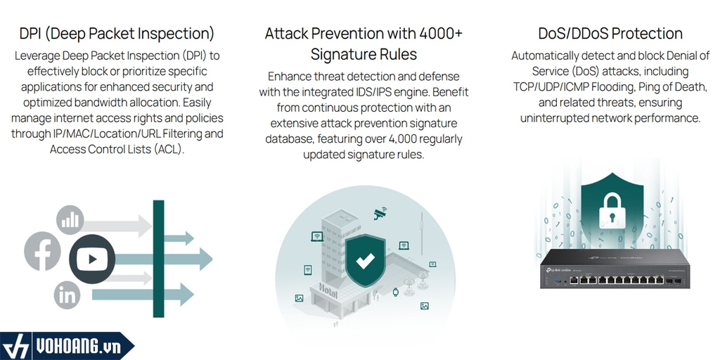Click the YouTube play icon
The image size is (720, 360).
pyautogui.click(x=92, y=259)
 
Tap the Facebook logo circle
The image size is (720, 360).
pyautogui.click(x=42, y=251)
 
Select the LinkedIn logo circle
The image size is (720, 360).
pyautogui.click(x=67, y=295)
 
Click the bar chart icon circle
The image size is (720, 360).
pyautogui.click(x=70, y=219)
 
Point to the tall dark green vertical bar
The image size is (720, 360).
pyautogui.click(x=158, y=259)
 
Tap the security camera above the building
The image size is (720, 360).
pyautogui.click(x=380, y=213)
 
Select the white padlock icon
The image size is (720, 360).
pyautogui.click(x=612, y=210)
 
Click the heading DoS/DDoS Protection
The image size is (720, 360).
pyautogui.click(x=610, y=34)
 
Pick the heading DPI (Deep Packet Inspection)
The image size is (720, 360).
pyautogui.click(x=117, y=34)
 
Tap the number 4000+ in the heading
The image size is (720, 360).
pyautogui.click(x=441, y=34)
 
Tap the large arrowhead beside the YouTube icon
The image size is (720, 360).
pyautogui.click(x=206, y=259)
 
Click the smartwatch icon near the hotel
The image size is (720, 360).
pyautogui.click(x=396, y=292)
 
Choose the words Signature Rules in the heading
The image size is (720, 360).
pyautogui.click(x=364, y=54)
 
